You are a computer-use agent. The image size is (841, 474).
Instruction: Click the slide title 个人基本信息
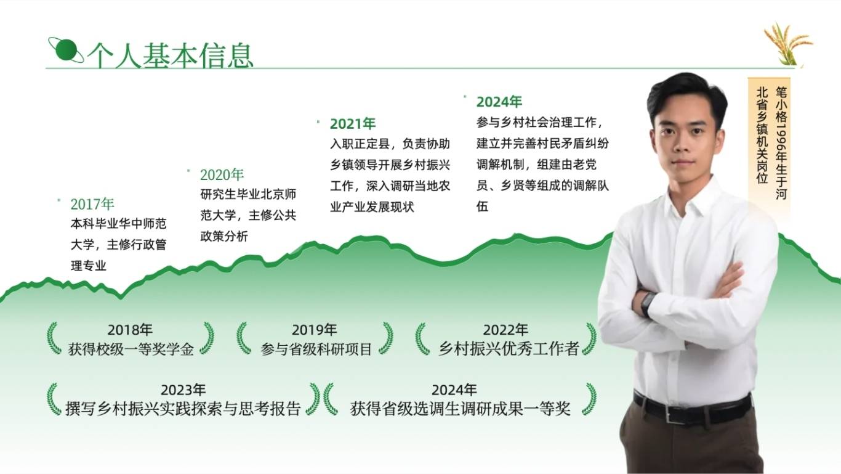coord(170,55)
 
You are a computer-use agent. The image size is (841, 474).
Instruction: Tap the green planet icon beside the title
coord(66,50)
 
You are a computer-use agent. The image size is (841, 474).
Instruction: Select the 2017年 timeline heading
coord(92,204)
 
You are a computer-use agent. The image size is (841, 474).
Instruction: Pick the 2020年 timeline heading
coord(222,175)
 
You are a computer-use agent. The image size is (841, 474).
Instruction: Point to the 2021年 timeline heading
coord(353,124)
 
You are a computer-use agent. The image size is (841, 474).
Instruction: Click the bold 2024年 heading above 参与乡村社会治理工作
coord(499,102)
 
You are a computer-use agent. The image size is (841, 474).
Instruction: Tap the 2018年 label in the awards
coord(130,330)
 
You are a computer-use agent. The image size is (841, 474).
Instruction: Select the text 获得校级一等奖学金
coord(131,349)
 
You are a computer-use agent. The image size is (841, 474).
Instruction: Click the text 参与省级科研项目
coord(316,349)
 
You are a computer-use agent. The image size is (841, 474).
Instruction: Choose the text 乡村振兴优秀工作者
coord(509,348)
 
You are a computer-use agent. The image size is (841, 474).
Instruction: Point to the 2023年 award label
coord(183,390)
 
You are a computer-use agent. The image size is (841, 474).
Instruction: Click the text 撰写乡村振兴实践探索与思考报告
coord(183,409)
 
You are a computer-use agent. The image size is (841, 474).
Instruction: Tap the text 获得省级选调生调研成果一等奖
coord(461,409)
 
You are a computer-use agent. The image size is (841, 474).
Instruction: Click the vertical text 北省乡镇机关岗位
coord(762,136)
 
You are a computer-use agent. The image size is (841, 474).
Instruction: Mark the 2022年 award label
coord(505,330)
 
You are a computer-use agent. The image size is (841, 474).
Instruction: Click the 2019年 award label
coord(314,330)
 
